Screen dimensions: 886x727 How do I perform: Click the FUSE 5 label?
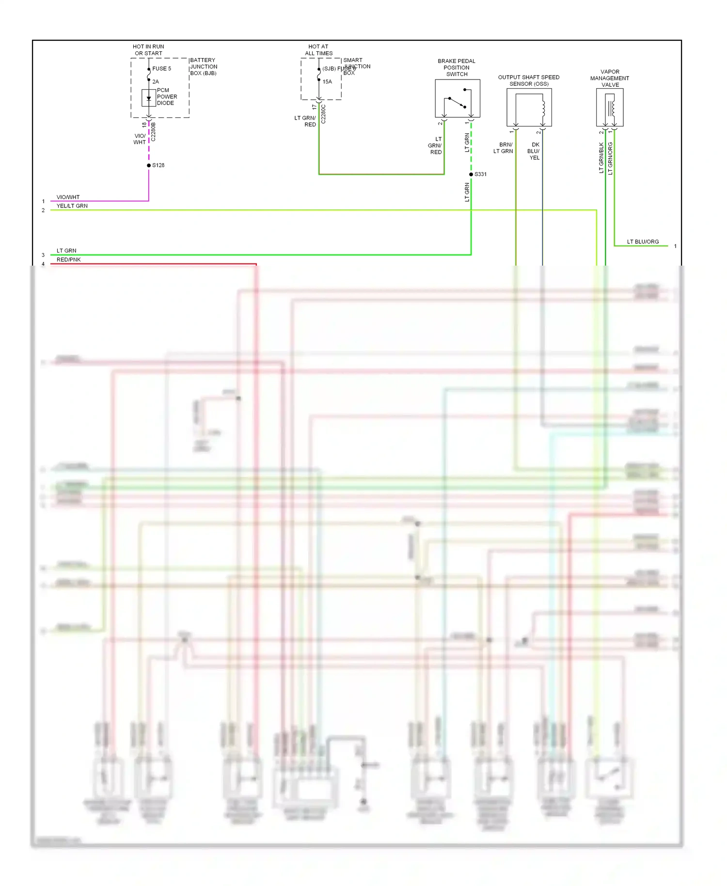pos(161,69)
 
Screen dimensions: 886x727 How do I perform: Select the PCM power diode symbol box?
pos(148,98)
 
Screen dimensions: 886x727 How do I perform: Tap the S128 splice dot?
pos(149,165)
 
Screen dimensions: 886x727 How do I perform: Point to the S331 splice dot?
pos(471,174)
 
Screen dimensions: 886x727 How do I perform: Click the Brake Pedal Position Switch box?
pos(457,98)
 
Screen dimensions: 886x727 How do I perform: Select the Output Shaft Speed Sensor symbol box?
pos(529,107)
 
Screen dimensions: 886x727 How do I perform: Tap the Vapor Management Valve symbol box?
pos(610,107)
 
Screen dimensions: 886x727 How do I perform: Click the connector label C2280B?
pos(154,132)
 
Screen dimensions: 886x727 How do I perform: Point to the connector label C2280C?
pos(324,114)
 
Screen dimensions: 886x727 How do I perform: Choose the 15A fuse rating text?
pos(327,82)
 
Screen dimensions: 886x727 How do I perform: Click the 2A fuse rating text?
pos(156,82)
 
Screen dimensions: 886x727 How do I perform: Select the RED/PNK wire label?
pos(68,260)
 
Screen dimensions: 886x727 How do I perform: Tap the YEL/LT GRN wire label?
pos(72,206)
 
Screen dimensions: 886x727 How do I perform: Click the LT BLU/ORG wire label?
pos(643,242)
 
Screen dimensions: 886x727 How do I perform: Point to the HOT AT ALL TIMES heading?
pos(318,50)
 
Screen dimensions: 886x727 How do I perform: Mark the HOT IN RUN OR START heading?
pos(148,50)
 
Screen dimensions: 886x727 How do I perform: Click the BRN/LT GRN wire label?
pos(504,148)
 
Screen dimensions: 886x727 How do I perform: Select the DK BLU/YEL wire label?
pos(534,151)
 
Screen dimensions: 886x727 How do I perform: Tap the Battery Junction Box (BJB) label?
pos(203,67)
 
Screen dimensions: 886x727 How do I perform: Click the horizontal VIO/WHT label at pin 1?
pos(68,197)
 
